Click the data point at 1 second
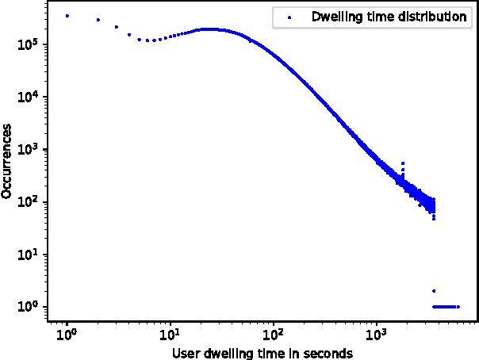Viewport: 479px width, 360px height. (67, 16)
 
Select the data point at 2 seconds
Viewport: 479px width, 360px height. (98, 20)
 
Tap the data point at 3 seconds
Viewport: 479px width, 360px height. (117, 27)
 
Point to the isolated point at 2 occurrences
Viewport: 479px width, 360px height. (434, 290)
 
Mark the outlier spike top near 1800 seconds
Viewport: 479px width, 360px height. (403, 163)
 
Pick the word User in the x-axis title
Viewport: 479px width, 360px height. (185, 353)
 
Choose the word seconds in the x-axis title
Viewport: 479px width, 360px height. (331, 353)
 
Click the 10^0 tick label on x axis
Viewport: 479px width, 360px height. (67, 334)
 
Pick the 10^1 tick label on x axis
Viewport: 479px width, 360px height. (171, 334)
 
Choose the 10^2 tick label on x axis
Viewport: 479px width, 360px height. (274, 334)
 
